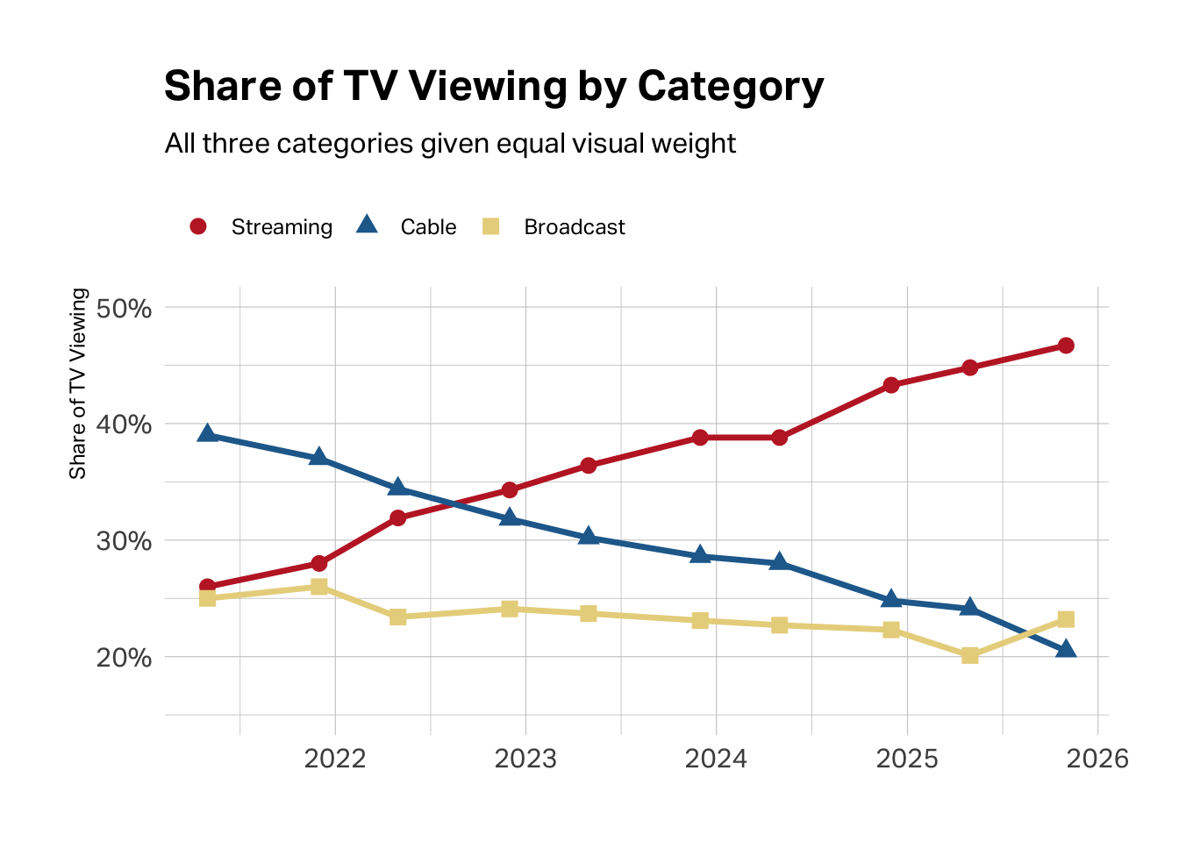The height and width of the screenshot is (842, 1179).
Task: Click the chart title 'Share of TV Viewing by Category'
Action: [494, 87]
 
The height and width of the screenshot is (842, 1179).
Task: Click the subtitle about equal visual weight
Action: [450, 144]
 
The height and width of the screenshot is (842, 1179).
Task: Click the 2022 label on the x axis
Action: [335, 759]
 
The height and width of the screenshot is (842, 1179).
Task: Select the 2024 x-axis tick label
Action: [716, 759]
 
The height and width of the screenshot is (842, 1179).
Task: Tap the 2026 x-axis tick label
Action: [1097, 759]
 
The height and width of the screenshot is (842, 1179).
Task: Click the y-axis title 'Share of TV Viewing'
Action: [78, 383]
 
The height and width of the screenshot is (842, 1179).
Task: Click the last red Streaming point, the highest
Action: [1066, 346]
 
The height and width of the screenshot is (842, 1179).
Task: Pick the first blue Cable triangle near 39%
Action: [208, 433]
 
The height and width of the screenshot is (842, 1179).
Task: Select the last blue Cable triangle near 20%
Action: [1066, 649]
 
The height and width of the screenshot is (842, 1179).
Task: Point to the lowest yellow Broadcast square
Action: [969, 655]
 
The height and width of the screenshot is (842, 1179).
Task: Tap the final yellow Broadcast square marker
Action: [1066, 619]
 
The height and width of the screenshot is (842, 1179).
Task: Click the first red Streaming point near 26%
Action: [208, 586]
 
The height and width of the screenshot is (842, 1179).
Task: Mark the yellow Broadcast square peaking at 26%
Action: [319, 587]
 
